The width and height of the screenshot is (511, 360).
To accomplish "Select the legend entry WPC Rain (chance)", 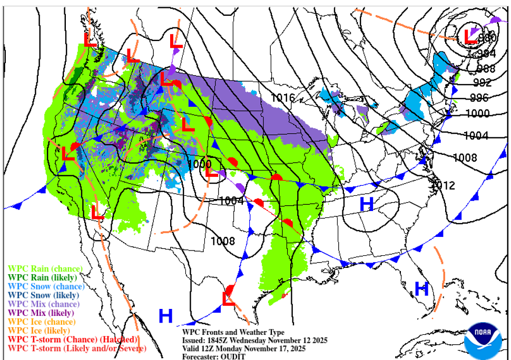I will [42, 268].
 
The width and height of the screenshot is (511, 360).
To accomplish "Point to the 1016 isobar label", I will [283, 97].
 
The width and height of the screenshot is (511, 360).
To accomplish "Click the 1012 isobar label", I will [443, 185].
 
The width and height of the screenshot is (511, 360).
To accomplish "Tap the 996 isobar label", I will [479, 98].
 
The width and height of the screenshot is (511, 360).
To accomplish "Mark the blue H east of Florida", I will [421, 288].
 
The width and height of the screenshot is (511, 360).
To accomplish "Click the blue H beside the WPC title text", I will [165, 316].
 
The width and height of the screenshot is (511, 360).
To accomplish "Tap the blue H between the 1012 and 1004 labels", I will [366, 203].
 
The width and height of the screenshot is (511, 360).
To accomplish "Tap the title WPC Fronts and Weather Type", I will [233, 333].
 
